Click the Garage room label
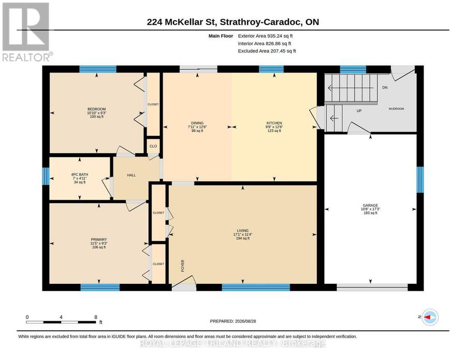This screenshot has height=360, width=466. click(370, 206)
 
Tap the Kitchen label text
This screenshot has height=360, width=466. click(274, 123)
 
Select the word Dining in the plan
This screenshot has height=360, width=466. click(197, 123)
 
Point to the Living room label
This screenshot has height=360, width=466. click(242, 231)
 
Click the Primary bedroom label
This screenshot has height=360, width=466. click(99, 240)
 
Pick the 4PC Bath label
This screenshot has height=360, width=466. click(80, 175)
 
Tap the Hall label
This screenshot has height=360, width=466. click(132, 176)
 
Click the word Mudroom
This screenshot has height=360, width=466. click(397, 109)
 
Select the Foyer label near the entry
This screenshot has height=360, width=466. click(183, 266)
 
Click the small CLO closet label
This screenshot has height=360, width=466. click(153, 146)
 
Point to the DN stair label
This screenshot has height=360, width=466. click(385, 88)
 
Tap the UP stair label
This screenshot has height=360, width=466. click(359, 111)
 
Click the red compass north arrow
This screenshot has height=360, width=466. click(427, 318)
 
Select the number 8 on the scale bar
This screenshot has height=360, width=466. click(96, 317)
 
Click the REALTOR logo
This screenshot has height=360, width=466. click(27, 32)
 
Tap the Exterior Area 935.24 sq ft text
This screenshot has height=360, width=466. click(265, 36)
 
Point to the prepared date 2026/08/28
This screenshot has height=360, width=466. click(245, 321)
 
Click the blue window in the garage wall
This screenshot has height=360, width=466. click(420, 180)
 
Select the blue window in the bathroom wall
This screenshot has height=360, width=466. click(46, 176)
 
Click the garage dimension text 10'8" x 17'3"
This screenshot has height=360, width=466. click(370, 209)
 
